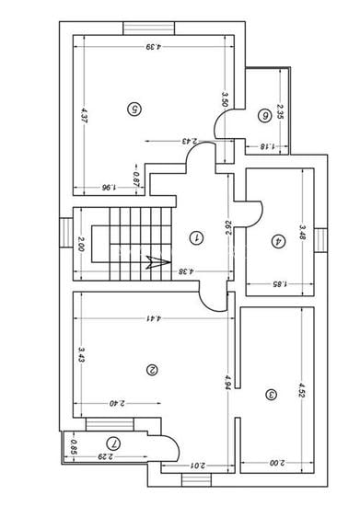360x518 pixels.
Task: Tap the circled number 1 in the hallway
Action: pyautogui.click(x=195, y=237)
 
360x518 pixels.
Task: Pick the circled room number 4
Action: pyautogui.click(x=277, y=242)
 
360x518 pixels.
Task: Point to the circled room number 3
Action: pyautogui.click(x=271, y=395)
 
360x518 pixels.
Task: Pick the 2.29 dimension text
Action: pyautogui.click(x=108, y=456)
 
